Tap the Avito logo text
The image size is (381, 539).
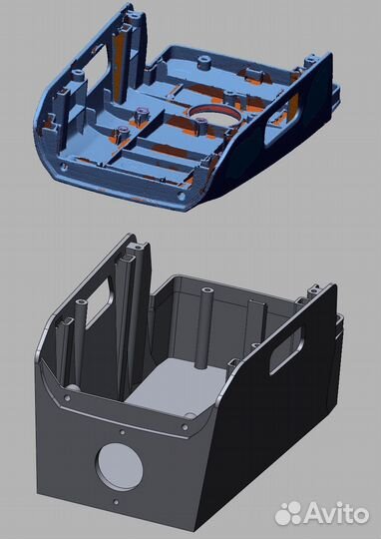(335, 513)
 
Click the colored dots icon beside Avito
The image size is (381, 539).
(290, 512)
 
